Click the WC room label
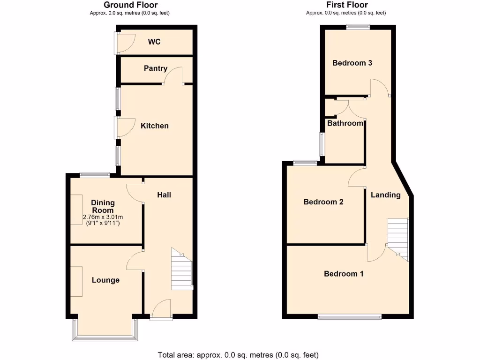pyautogui.click(x=154, y=42)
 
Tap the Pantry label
pyautogui.click(x=155, y=68)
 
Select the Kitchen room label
pyautogui.click(x=154, y=126)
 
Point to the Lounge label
pyautogui.click(x=105, y=280)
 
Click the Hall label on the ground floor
pyautogui.click(x=164, y=194)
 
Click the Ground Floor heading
pyautogui.click(x=130, y=5)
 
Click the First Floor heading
pyautogui.click(x=346, y=5)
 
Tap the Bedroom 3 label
pyautogui.click(x=352, y=63)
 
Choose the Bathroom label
pyautogui.click(x=345, y=123)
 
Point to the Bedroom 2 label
pyautogui.click(x=323, y=202)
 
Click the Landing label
pyautogui.click(x=386, y=195)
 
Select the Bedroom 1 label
pyautogui.click(x=344, y=274)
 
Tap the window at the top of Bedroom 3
pyautogui.click(x=358, y=27)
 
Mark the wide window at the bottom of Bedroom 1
pyautogui.click(x=349, y=317)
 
